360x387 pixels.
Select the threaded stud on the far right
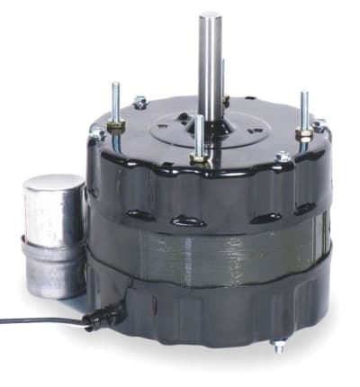(x=303, y=108)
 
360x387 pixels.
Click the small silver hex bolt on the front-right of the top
(x=283, y=157)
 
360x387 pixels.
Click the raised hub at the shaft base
(x=212, y=121)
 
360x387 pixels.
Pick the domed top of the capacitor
(x=51, y=184)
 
